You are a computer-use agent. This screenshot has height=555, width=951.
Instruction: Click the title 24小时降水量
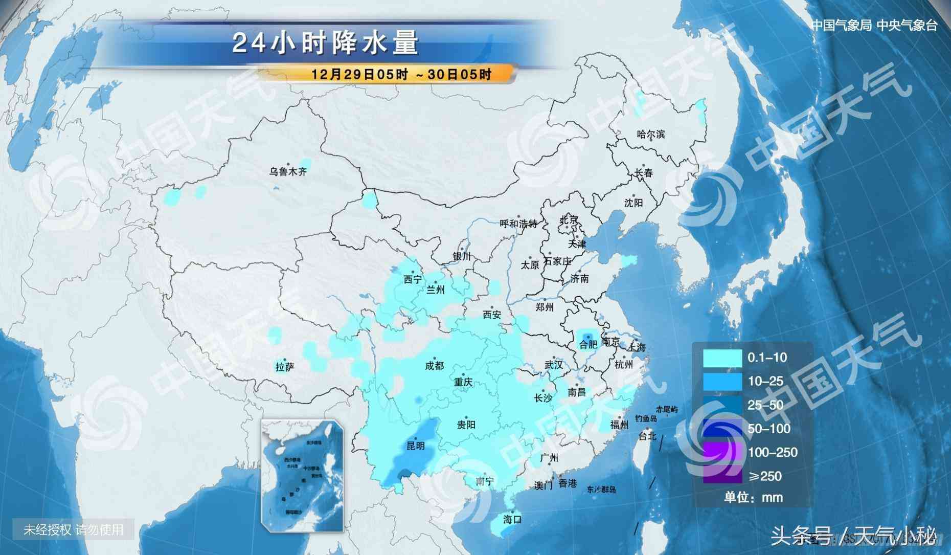tap(325, 42)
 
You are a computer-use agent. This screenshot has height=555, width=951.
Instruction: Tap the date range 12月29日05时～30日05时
tap(401, 74)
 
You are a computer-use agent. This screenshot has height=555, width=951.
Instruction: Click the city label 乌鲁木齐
tap(288, 172)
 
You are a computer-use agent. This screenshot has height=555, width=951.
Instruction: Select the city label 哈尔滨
tap(651, 135)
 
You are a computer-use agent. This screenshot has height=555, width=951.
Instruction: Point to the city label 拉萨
tap(285, 367)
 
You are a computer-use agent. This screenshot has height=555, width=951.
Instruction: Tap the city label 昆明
tap(415, 446)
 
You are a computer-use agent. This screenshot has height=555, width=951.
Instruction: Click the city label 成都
tap(435, 366)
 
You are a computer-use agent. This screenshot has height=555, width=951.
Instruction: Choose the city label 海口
tap(512, 519)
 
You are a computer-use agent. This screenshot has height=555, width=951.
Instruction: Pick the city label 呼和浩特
tap(518, 224)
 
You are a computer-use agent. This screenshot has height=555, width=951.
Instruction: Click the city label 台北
tap(647, 436)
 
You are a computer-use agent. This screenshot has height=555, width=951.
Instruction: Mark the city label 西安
tap(492, 315)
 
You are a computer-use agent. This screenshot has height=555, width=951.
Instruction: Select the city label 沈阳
tap(633, 203)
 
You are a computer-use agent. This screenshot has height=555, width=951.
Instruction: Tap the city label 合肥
tap(588, 344)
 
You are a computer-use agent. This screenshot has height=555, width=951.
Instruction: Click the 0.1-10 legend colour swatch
tap(722, 358)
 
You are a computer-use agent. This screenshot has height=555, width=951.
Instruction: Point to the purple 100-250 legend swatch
tap(722, 453)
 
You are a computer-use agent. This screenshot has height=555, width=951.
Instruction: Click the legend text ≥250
tap(765, 476)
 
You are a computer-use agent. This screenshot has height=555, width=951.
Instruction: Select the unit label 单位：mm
tap(753, 497)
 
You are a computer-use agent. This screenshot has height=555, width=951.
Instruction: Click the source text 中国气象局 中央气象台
tap(874, 26)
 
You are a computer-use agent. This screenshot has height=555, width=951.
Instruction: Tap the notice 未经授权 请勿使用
tap(74, 529)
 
